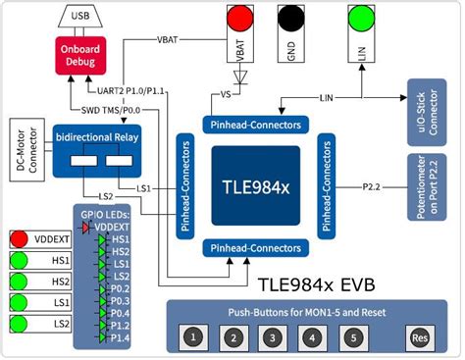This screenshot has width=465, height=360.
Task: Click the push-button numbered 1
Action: point(194,338)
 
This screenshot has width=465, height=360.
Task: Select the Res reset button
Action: point(420,338)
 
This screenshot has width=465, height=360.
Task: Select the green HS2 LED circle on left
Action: point(18,282)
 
